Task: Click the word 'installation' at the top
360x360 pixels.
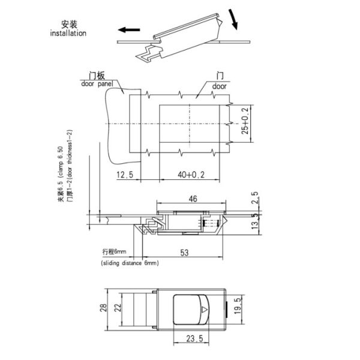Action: point(67,34)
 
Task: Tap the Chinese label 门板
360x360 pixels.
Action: point(96,76)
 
